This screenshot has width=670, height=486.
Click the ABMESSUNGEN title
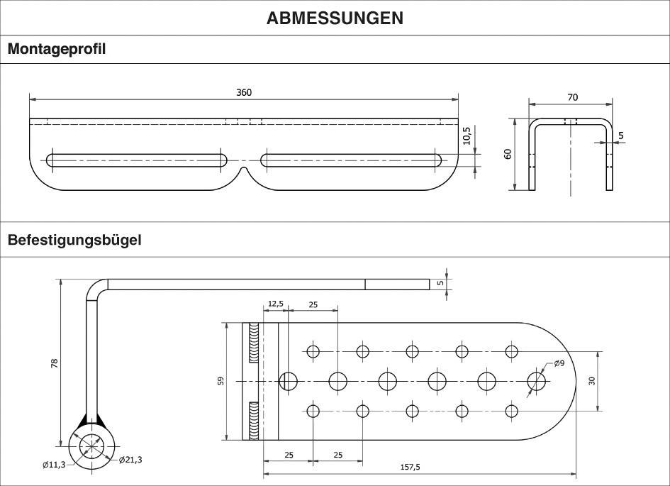[x=335, y=18]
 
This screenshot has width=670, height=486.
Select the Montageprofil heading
[x=57, y=50]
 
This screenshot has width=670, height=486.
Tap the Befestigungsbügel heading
[x=74, y=240]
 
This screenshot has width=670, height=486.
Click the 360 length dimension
[x=244, y=92]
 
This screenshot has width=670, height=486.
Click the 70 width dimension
[x=572, y=96]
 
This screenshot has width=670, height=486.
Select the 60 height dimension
[x=508, y=154]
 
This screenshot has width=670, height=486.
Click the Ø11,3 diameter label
[x=55, y=465]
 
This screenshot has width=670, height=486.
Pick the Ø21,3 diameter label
[x=131, y=460]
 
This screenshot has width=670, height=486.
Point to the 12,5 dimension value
[x=274, y=304]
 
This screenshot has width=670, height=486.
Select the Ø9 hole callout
[x=558, y=364]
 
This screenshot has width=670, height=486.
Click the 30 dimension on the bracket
[x=591, y=380]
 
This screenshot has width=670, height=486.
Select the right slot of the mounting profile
[x=351, y=160]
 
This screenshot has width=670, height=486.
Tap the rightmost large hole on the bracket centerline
[x=537, y=381]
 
